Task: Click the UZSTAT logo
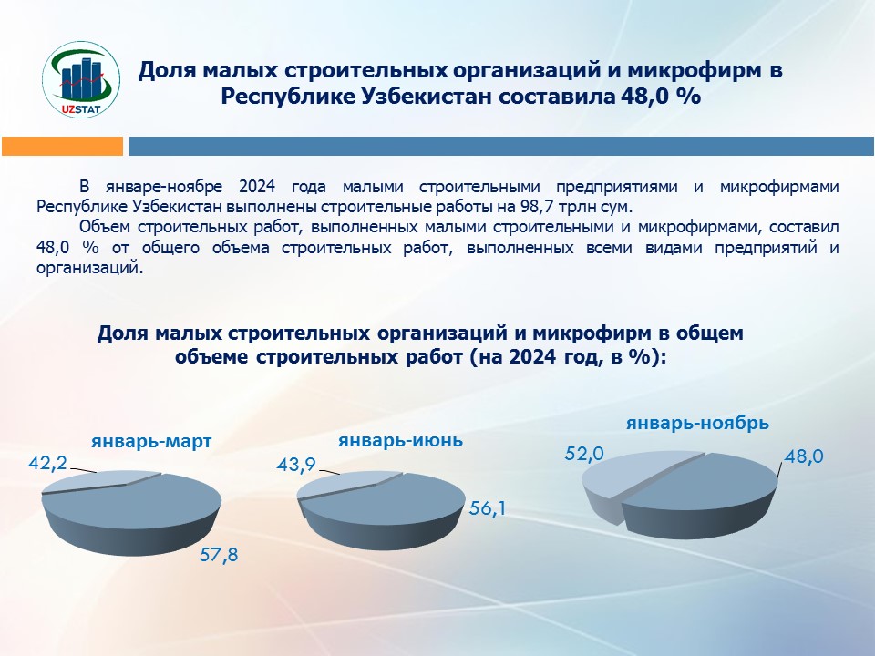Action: (x=81, y=78)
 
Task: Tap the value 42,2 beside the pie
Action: (x=47, y=463)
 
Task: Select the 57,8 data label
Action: (x=219, y=555)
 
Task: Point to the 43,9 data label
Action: (x=296, y=464)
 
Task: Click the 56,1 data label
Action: (x=487, y=508)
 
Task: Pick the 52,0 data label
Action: (x=584, y=454)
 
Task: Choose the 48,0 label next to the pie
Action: (x=804, y=456)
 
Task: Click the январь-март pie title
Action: (x=152, y=441)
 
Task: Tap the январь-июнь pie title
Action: (x=401, y=440)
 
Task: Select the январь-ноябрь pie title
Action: (x=697, y=423)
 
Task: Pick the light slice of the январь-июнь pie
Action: (x=346, y=483)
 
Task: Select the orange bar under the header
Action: (x=63, y=146)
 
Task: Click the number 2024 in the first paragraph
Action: (x=257, y=186)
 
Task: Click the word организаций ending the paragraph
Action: (x=89, y=268)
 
